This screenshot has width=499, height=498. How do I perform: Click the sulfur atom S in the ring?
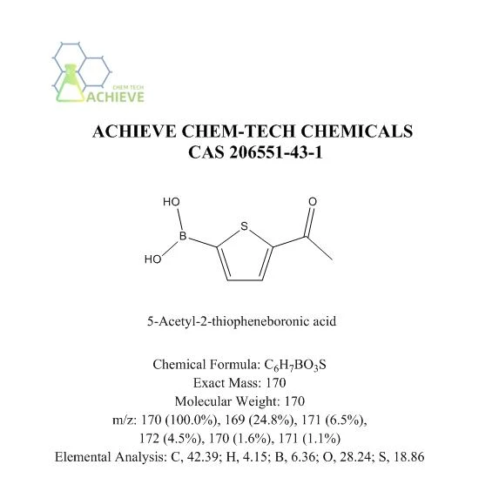(x=244, y=226)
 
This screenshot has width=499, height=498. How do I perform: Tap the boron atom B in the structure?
(x=183, y=236)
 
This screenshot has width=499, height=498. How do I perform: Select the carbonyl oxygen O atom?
(x=313, y=201)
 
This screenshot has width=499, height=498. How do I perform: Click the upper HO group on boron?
(x=172, y=202)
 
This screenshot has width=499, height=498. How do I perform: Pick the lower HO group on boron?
(x=152, y=259)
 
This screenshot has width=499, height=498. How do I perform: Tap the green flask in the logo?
(x=69, y=84)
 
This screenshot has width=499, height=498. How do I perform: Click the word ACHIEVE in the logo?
(x=115, y=97)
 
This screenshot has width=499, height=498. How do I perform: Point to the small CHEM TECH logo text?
(x=128, y=87)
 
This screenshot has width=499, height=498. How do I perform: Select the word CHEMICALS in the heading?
(x=357, y=131)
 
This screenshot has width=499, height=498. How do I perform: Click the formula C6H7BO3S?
(x=295, y=365)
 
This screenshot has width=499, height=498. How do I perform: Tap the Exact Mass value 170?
(x=275, y=382)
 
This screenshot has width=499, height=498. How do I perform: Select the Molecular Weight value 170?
(x=294, y=401)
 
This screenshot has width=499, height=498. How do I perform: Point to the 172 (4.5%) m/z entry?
(x=171, y=439)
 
